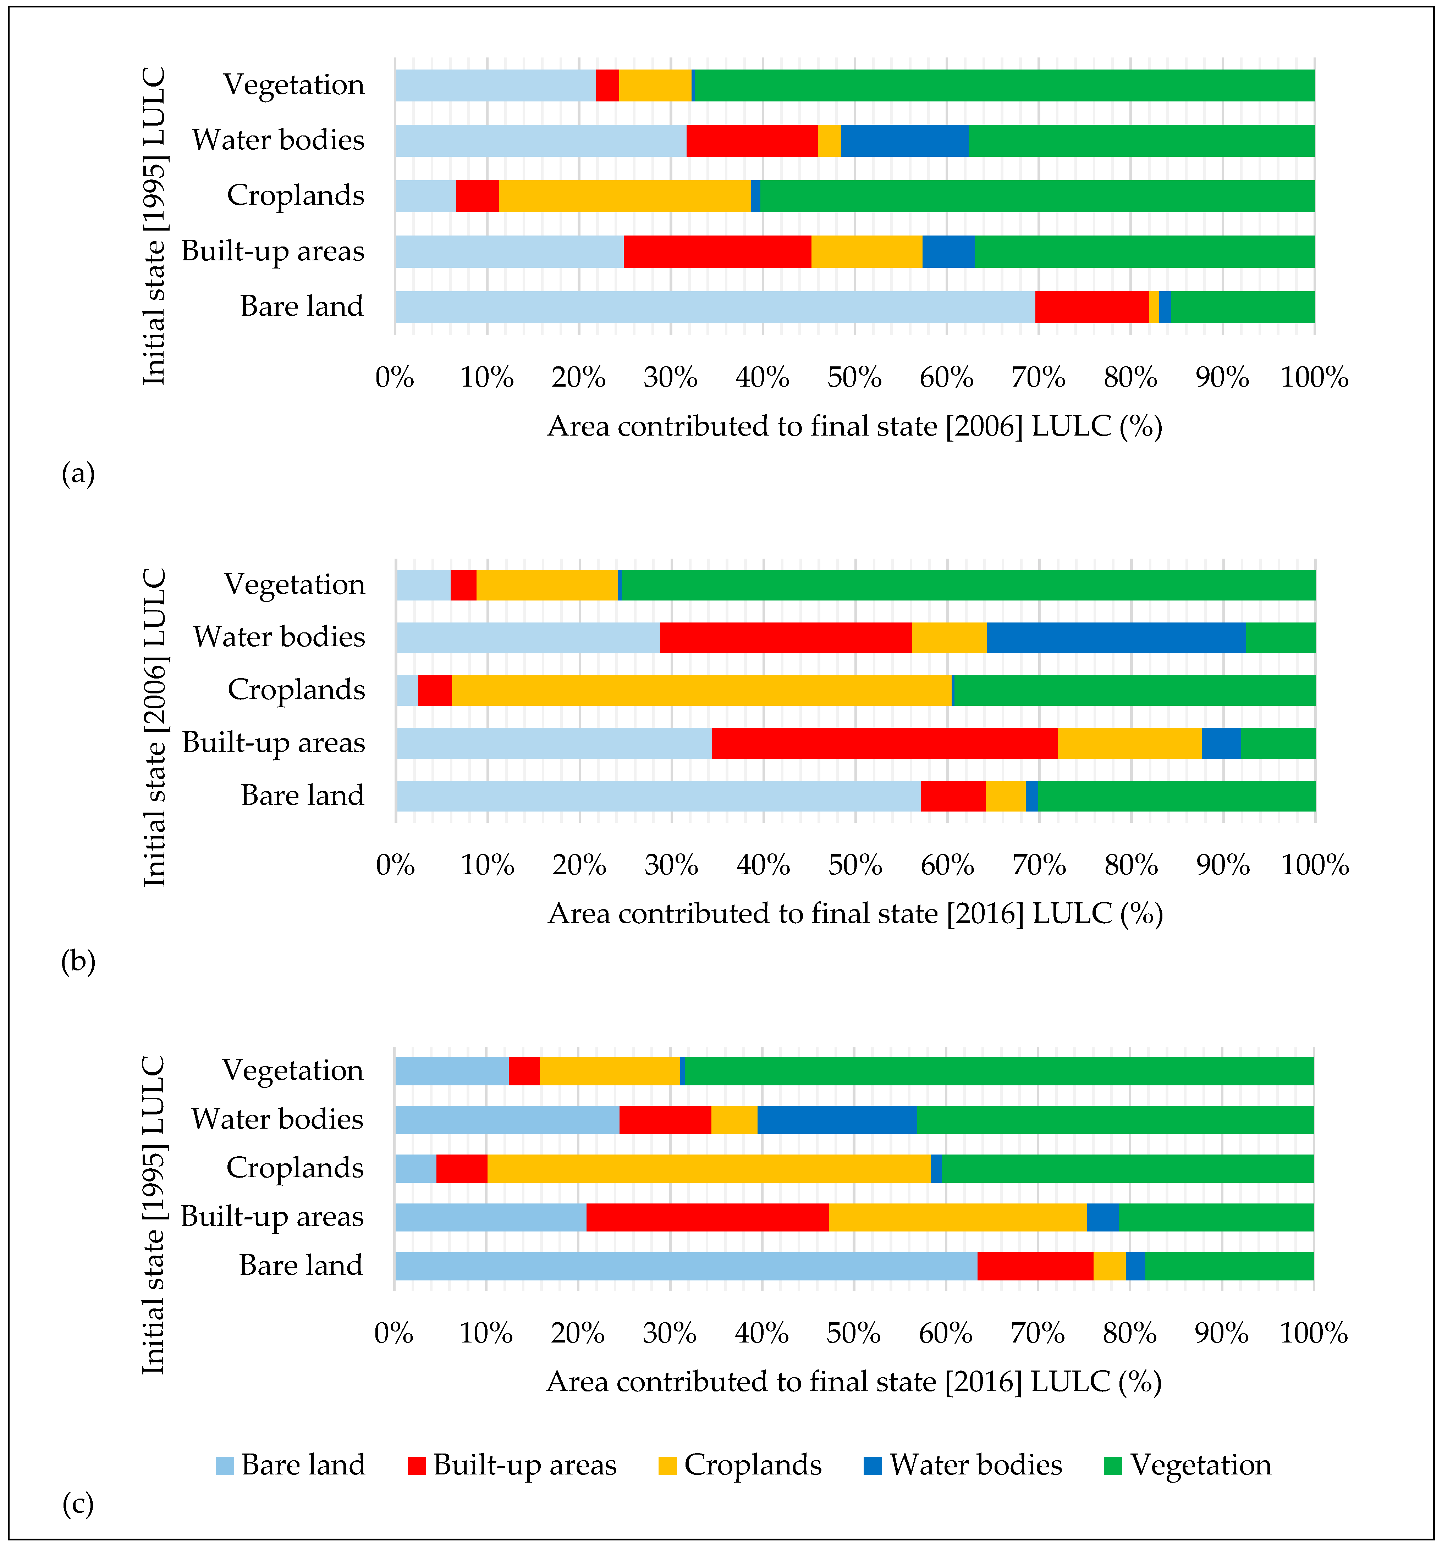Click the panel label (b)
[x=78, y=961]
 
